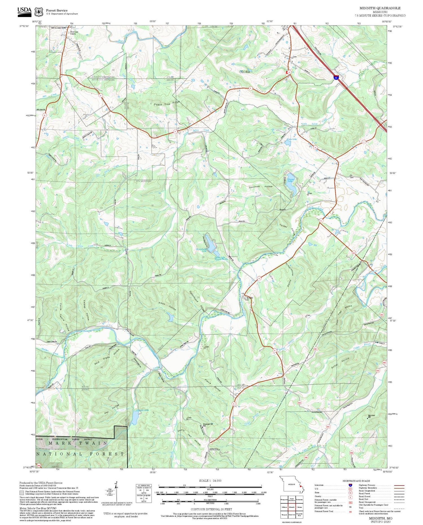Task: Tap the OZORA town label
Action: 244,72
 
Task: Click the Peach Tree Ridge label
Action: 167,103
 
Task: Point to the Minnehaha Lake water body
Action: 211,243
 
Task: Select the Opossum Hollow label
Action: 261,187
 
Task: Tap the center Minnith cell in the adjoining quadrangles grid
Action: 292,507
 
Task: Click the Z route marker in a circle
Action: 364,142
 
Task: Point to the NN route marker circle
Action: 353,253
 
